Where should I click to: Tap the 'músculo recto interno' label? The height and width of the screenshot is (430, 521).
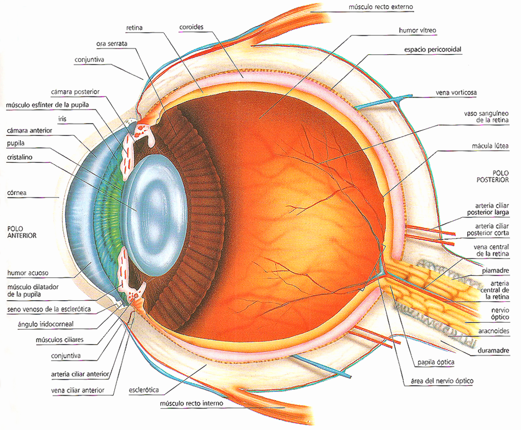coord(192,403)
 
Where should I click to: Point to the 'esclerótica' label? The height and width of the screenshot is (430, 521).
coord(143,390)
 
